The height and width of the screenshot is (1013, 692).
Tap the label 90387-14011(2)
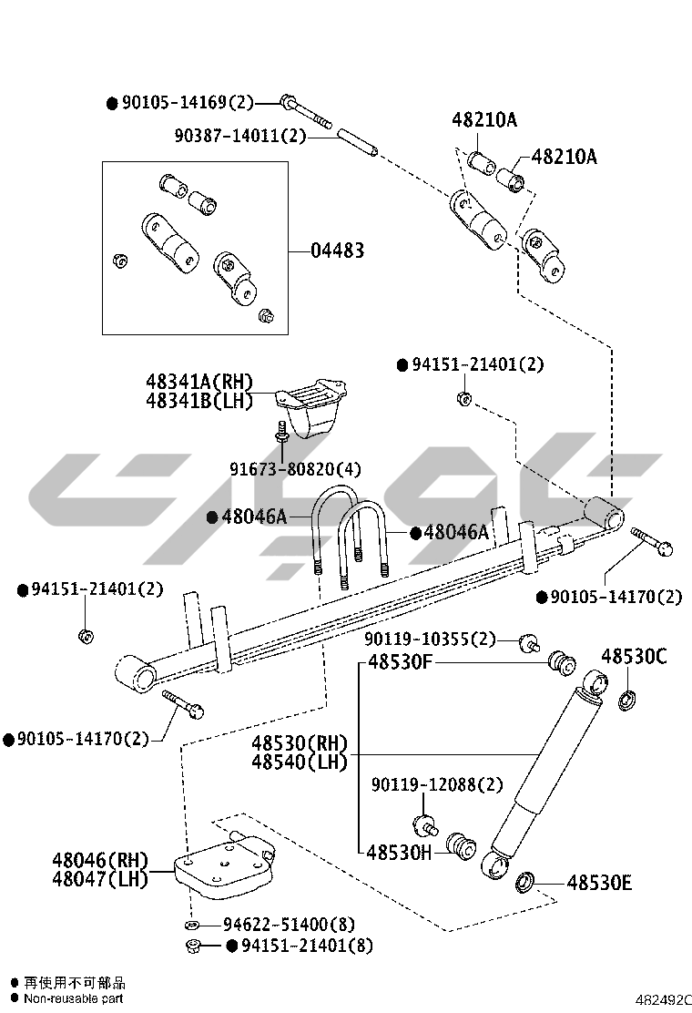coord(240,136)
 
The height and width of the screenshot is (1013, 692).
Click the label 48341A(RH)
coord(198,382)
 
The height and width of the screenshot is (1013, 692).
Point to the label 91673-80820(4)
coord(294,469)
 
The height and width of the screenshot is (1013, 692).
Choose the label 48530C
coord(634,656)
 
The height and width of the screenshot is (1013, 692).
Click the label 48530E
coord(599,882)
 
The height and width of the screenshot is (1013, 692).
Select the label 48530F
coord(400,662)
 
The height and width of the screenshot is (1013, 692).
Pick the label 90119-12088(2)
coord(436,784)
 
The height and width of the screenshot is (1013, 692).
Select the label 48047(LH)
coord(99,879)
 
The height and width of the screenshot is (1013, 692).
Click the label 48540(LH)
coord(300,762)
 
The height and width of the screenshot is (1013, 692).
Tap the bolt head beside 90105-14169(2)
coord(288,101)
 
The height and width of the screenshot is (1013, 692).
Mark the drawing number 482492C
coord(663,999)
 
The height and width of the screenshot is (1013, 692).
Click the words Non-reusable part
coord(74,998)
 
